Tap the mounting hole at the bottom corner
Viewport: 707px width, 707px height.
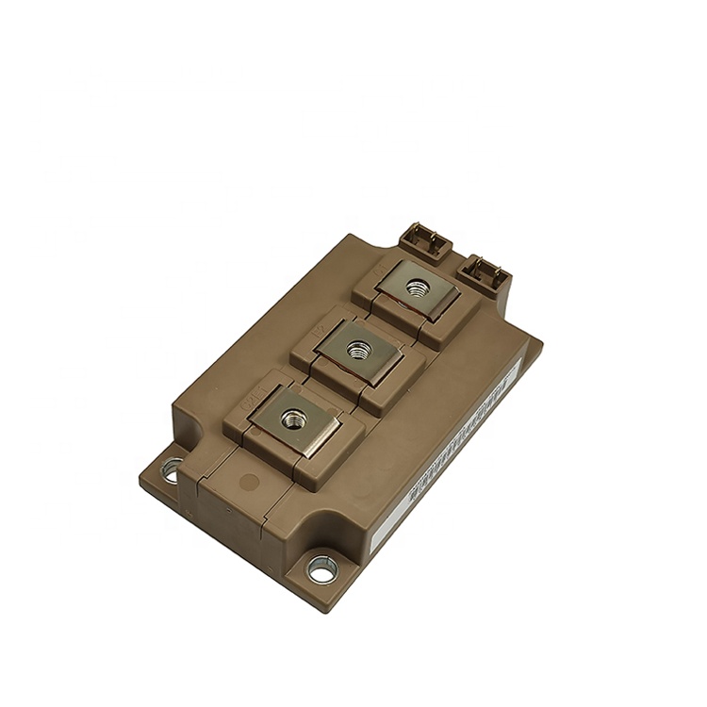pos(321,568)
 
